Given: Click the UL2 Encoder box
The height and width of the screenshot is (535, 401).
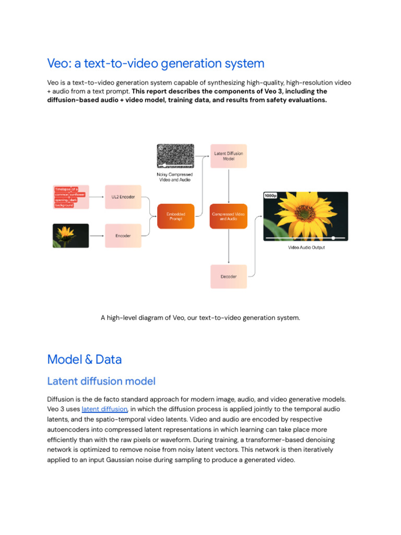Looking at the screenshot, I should coord(123,197).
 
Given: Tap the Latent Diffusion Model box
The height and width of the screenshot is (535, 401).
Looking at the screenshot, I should coord(228,156).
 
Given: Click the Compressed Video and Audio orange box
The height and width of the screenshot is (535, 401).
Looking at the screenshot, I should coord(228,216).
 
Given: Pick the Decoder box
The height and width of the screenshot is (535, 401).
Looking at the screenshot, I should coord(228,276).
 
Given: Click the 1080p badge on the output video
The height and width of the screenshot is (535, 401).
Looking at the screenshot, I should coord(270,196).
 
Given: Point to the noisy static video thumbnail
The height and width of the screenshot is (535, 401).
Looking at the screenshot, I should coord(175,156).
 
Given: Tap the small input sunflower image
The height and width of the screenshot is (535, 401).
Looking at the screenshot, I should coord(71,236).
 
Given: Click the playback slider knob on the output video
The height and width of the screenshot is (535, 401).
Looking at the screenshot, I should coord(333,238).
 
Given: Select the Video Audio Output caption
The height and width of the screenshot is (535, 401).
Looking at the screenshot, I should coord(306,248).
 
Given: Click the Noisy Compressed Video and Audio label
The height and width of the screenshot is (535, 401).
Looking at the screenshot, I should coord(174,177).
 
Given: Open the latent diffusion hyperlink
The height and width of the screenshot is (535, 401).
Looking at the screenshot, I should coord(104,409).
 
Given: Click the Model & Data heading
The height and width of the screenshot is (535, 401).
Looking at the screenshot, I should coord(84,359).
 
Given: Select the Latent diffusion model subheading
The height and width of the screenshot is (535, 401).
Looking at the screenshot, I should coord(101,381).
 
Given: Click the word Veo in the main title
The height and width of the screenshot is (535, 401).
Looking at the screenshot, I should coord(57,64).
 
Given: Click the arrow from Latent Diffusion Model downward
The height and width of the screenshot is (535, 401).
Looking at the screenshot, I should coord(228,185).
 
